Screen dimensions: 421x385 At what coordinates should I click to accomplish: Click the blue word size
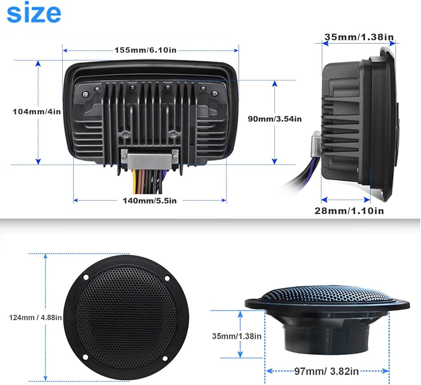tap(34, 12)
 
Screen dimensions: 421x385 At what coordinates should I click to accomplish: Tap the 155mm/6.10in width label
tap(146, 50)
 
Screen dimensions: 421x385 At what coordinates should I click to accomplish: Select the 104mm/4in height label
tap(37, 112)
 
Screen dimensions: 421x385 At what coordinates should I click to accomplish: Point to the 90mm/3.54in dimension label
tap(274, 119)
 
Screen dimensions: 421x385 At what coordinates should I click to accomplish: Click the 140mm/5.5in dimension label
tap(150, 201)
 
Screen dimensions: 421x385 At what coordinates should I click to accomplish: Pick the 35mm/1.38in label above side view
tap(359, 37)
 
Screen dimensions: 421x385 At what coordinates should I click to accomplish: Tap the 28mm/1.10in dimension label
tap(349, 211)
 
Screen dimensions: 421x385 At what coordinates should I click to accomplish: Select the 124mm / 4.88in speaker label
tap(35, 318)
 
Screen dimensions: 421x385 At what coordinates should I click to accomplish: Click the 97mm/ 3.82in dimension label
tap(327, 371)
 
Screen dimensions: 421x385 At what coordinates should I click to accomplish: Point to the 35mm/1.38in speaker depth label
tap(237, 336)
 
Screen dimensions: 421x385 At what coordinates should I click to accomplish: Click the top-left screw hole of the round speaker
tap(86, 277)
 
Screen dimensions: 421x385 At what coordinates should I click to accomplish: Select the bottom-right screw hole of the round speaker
tap(165, 358)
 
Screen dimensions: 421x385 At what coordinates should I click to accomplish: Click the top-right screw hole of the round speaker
tap(167, 278)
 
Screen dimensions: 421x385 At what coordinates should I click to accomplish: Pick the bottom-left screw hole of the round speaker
tap(85, 357)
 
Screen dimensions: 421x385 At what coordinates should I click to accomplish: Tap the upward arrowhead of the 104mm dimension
tap(38, 64)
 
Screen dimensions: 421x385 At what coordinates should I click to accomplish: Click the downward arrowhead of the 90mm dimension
tap(274, 161)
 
